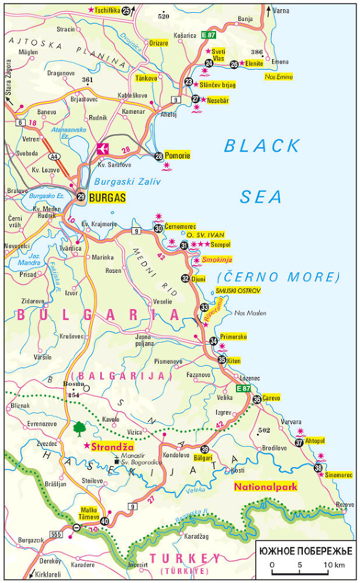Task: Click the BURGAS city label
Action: (107, 198)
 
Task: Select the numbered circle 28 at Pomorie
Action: (159, 156)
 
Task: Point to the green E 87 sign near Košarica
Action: (209, 35)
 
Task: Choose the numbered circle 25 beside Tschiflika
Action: (126, 10)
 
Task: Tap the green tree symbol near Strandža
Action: (79, 429)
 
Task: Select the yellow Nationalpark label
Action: (266, 487)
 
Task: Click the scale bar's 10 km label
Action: (334, 565)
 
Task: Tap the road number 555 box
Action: (56, 534)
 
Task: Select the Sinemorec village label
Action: (338, 475)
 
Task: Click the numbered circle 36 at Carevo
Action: (257, 399)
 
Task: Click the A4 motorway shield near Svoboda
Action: (54, 156)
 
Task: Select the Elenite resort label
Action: (254, 64)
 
